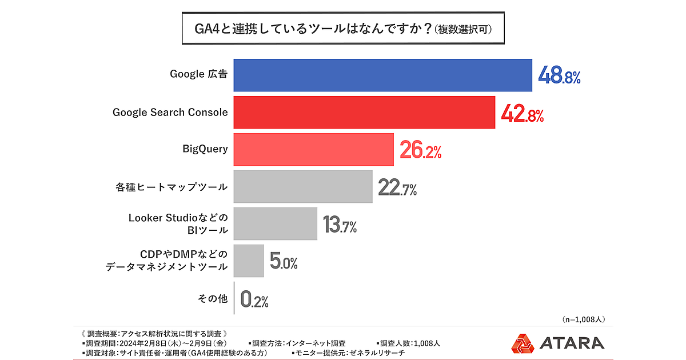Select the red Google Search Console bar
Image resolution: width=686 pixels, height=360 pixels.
coord(364,112)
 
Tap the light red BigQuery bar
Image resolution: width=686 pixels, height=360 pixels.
coord(313,149)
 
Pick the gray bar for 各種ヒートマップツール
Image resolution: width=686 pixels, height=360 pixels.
coord(303,186)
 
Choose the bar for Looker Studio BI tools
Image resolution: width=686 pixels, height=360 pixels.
coord(276,223)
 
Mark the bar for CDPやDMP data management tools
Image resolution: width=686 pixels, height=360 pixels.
coord(249,261)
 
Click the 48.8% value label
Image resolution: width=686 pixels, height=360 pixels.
coord(559,76)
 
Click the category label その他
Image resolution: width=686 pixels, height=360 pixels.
coord(212,298)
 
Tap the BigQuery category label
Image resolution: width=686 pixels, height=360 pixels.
coord(205,149)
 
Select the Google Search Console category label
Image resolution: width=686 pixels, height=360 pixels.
coord(170,112)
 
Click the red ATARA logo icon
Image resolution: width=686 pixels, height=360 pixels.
coord(523,343)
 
